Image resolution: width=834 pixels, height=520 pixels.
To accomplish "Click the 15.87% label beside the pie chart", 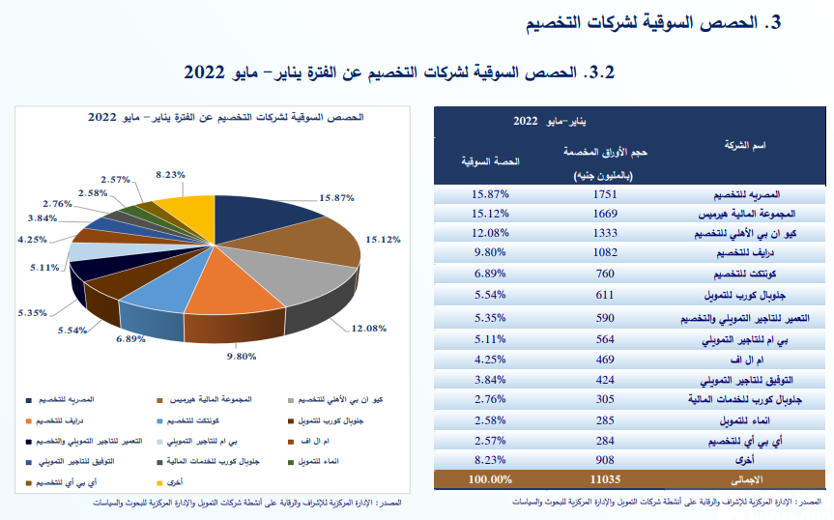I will point(337,197).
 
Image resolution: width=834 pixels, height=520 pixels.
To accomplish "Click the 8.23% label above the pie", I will point(170,175).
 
